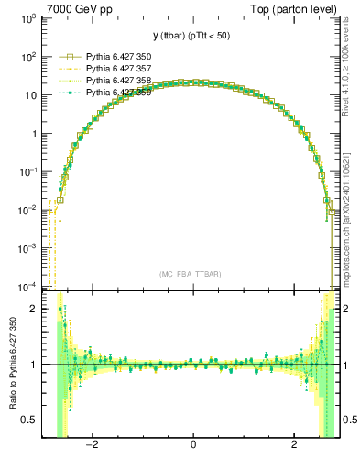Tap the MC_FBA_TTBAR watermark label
[x=191, y=274]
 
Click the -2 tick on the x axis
[x=92, y=445]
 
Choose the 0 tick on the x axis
[x=192, y=445]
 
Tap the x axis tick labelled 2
[x=294, y=445]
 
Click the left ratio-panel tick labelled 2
[x=34, y=309]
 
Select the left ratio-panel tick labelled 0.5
[x=30, y=420]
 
